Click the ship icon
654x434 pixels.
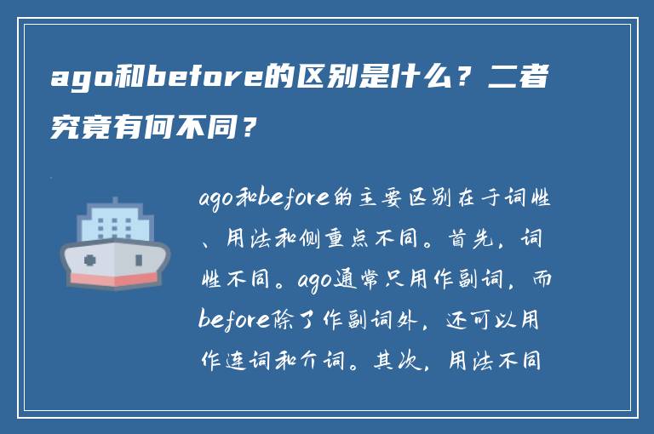(114, 242)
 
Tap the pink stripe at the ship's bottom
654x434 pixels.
(114, 278)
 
